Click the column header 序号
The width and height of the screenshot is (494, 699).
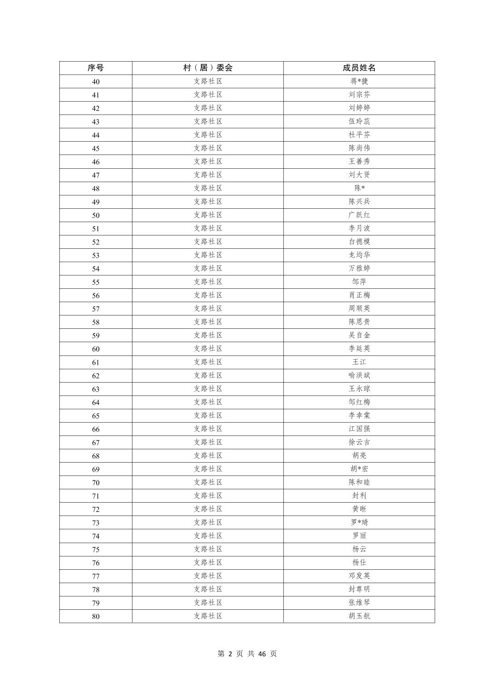tap(96, 68)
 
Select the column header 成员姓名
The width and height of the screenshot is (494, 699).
tap(359, 68)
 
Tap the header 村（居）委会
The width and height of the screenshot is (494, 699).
tap(207, 68)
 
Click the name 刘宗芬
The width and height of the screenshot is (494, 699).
tap(359, 95)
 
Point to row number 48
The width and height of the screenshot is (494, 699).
tap(96, 189)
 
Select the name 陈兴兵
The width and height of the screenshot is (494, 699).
tap(359, 201)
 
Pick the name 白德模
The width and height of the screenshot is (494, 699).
tap(359, 241)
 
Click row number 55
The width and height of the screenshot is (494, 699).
tap(96, 282)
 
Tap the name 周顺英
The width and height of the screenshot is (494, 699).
tap(359, 309)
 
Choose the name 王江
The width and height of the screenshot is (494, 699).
tap(359, 362)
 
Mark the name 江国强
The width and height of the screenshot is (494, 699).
tap(359, 429)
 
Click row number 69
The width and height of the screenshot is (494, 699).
tap(96, 469)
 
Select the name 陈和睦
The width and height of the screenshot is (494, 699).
tap(359, 482)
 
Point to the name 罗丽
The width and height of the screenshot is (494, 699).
tap(359, 536)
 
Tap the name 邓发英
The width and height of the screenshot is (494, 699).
tap(359, 576)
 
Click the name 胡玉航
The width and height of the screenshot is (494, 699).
tap(359, 616)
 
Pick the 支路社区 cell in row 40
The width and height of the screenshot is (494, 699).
tap(207, 81)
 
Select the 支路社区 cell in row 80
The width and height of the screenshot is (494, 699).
tap(207, 616)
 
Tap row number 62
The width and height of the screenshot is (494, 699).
tap(96, 376)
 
